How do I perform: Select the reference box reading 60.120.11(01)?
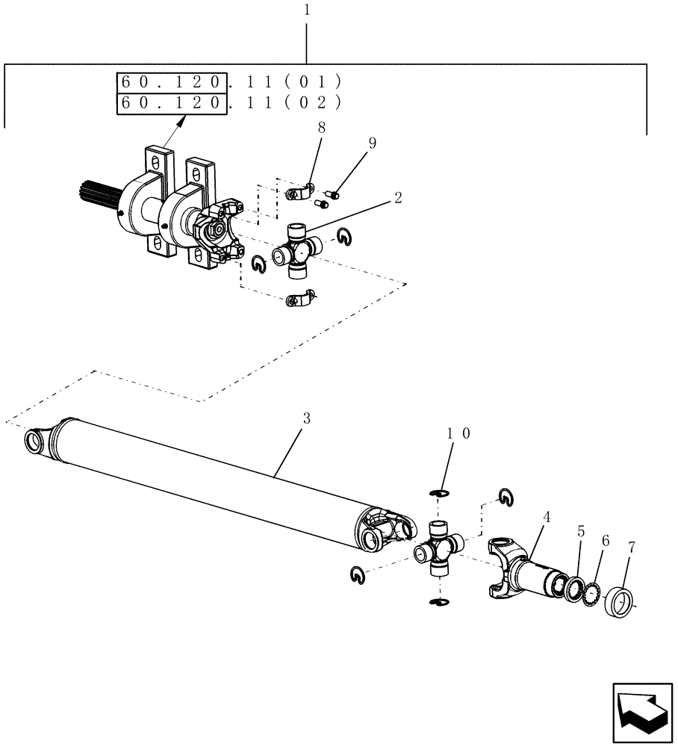click(x=172, y=81)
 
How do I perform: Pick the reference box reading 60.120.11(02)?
click(x=172, y=103)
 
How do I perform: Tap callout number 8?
click(x=321, y=128)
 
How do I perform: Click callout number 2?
click(x=398, y=198)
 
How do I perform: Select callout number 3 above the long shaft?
click(x=305, y=419)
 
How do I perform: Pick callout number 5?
click(x=579, y=532)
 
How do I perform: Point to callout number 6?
click(x=605, y=540)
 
